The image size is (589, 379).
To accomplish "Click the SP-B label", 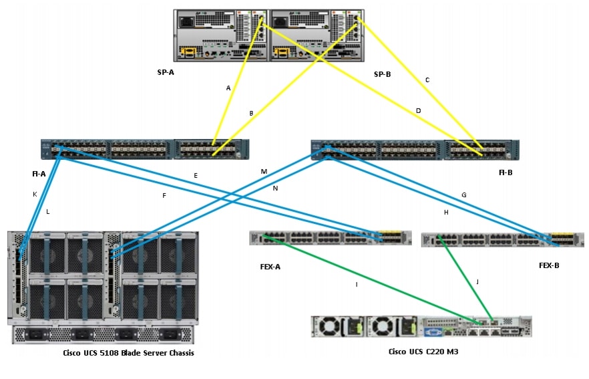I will (x=382, y=74).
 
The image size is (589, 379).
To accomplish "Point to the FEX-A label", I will (x=270, y=266).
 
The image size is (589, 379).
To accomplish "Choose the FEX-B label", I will (x=549, y=265).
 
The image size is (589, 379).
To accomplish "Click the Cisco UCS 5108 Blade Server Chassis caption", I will (x=129, y=353).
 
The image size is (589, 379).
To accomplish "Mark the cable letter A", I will (x=228, y=88).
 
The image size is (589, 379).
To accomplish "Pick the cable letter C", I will (x=427, y=80).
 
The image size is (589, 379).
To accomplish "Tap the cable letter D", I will (x=419, y=110).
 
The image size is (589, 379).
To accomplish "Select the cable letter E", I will (x=196, y=176).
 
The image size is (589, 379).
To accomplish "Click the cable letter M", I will (x=264, y=172).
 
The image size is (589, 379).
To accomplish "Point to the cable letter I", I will (x=357, y=284).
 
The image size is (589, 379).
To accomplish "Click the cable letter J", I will (x=477, y=281).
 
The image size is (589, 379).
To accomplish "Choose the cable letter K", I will (x=35, y=194).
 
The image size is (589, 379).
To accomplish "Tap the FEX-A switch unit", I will (x=330, y=238).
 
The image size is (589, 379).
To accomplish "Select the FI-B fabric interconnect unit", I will (x=415, y=150).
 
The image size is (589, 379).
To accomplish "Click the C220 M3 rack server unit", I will (x=421, y=326).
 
